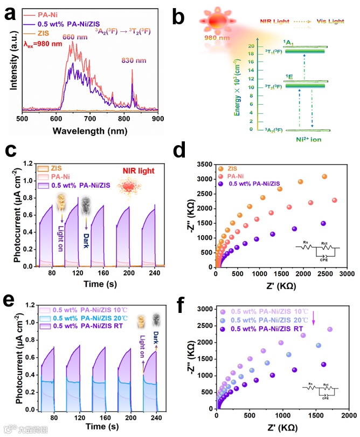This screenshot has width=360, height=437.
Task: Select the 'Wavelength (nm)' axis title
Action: pyautogui.click(x=89, y=130)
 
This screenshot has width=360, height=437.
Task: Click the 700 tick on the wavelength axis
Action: pyautogui.click(x=89, y=118)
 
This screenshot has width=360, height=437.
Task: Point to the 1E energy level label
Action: pyautogui.click(x=290, y=77)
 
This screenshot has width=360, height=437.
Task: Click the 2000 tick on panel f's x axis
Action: pyautogui.click(x=349, y=416)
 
